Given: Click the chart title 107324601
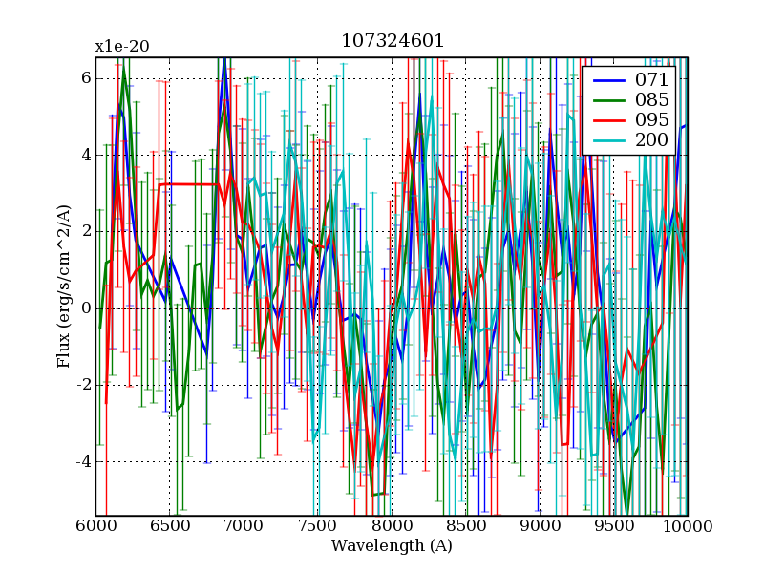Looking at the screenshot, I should (x=392, y=41).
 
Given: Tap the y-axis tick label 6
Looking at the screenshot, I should (x=84, y=77).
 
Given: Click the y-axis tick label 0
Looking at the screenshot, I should (x=84, y=308).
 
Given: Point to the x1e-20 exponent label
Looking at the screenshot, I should (x=121, y=46).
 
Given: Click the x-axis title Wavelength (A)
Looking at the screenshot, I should (x=392, y=546).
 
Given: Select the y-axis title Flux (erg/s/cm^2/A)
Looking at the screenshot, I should (x=64, y=286).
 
